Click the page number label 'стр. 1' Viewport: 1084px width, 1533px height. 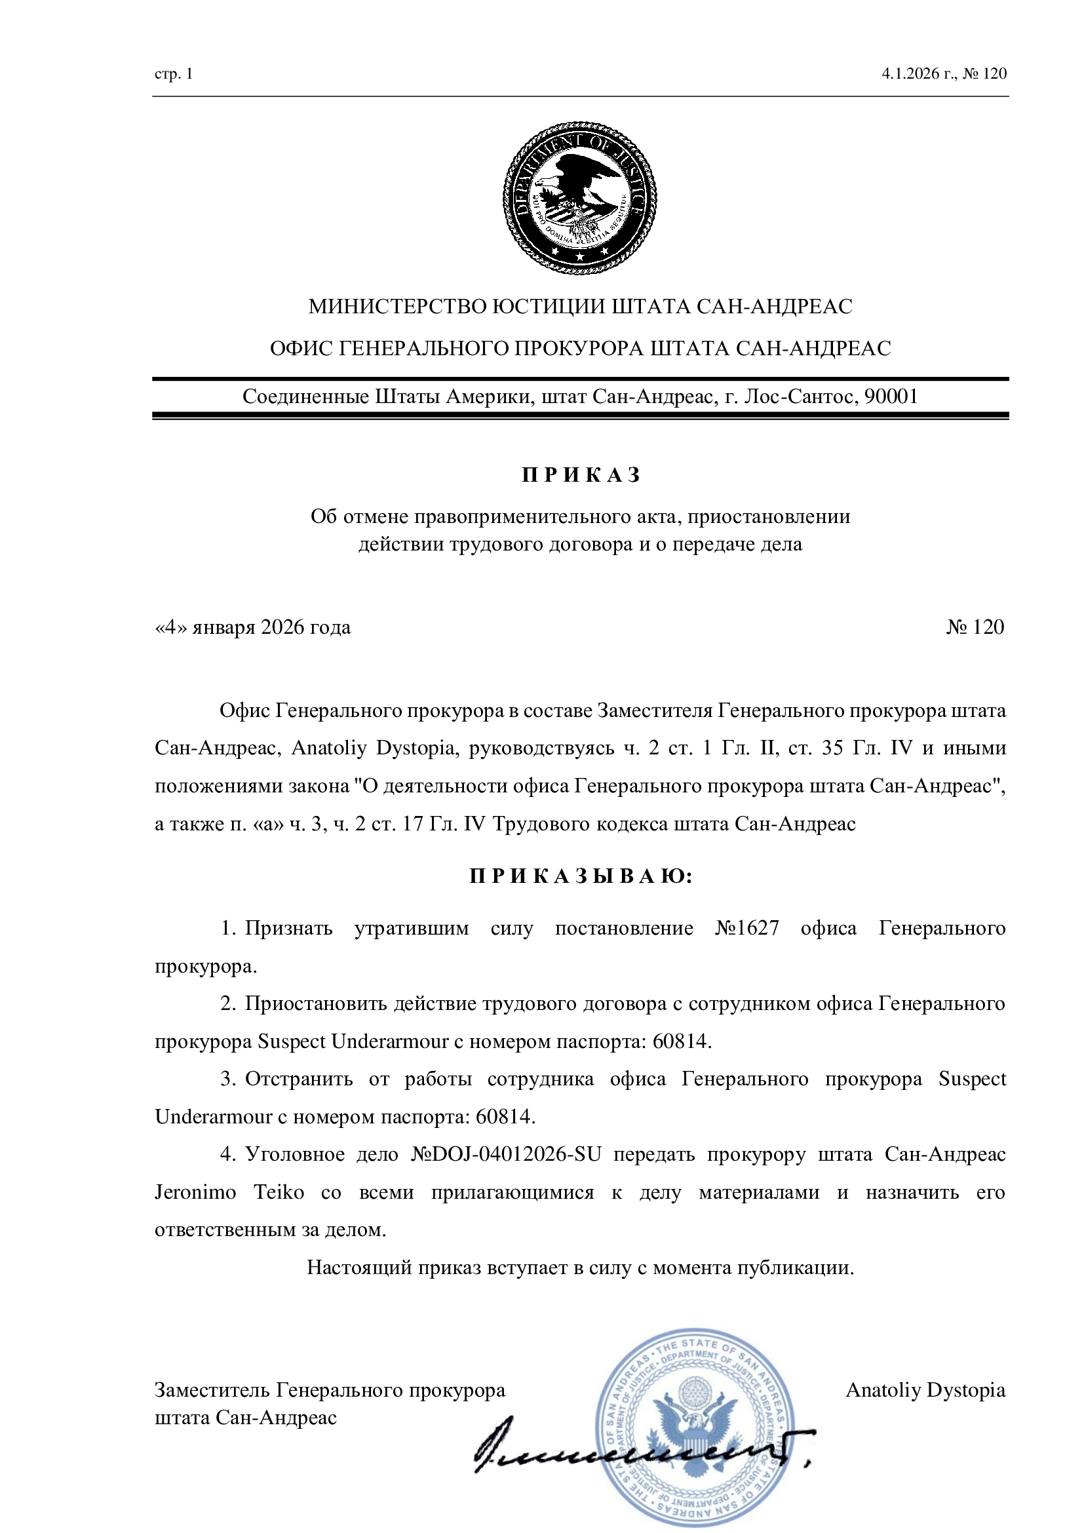[x=174, y=74]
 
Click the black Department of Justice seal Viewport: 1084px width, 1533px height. [x=579, y=198]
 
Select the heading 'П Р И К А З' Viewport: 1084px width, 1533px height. [x=580, y=475]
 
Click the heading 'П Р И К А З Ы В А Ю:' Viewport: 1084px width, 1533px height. [x=580, y=876]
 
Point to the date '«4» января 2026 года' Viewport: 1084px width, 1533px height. [x=252, y=628]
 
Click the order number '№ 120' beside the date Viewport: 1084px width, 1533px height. [x=975, y=627]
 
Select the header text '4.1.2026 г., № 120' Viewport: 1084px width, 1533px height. [x=944, y=73]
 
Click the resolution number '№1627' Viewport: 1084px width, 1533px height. [x=746, y=929]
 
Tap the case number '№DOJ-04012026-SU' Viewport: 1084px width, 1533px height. [x=506, y=1154]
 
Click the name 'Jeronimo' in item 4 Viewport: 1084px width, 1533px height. [x=195, y=1192]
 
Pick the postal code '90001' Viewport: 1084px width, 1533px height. [x=891, y=397]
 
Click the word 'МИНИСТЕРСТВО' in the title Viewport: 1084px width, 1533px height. [x=397, y=307]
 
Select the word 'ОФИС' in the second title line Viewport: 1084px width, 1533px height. [x=301, y=349]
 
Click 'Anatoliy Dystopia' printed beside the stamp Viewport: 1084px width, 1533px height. [x=925, y=1390]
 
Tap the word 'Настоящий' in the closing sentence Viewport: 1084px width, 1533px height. [x=359, y=1268]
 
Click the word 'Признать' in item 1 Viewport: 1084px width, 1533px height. [x=288, y=929]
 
